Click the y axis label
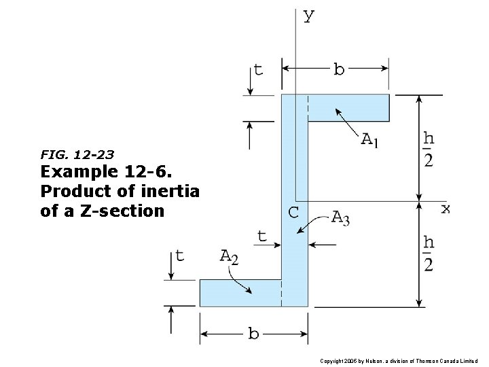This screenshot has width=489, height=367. (x=308, y=16)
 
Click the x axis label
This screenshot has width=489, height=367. (x=445, y=208)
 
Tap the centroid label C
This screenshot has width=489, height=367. (x=293, y=212)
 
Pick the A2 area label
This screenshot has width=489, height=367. (x=229, y=257)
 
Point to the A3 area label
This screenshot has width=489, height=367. (x=341, y=218)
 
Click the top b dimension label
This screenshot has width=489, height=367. (x=338, y=69)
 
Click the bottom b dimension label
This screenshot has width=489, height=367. (x=253, y=334)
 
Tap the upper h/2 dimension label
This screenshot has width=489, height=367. (x=429, y=148)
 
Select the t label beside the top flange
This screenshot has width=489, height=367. (x=258, y=69)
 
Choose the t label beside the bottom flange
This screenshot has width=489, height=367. (x=179, y=256)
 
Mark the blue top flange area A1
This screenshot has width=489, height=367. (x=348, y=107)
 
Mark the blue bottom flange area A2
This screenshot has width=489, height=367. (x=239, y=293)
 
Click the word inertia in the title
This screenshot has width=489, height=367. (x=171, y=192)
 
